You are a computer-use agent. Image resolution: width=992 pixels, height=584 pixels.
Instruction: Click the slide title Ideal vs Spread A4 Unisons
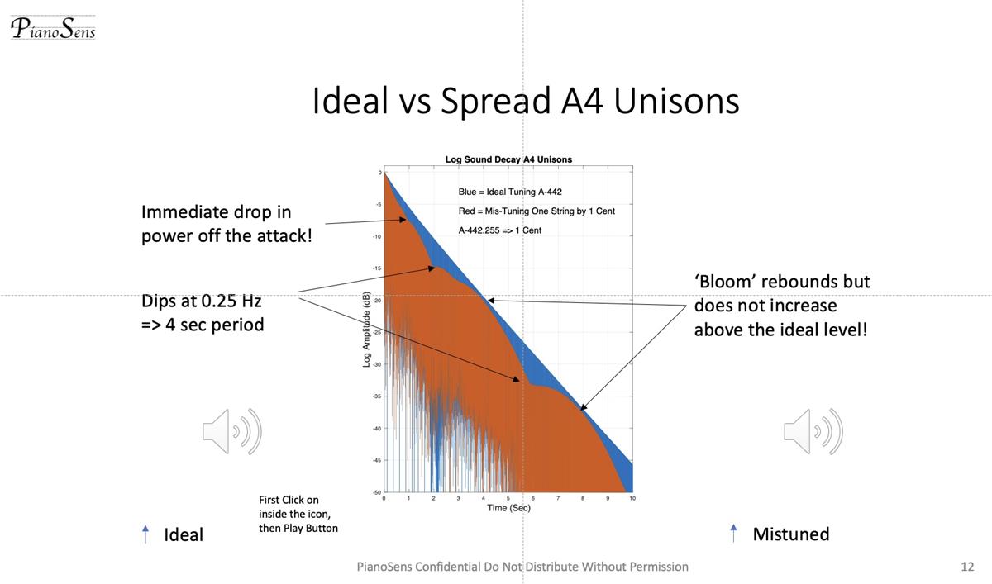[525, 101]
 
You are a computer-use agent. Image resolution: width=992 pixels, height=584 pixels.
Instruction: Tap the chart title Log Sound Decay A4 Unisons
[508, 159]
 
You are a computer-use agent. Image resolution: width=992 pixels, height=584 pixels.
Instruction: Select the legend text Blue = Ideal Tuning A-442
[510, 192]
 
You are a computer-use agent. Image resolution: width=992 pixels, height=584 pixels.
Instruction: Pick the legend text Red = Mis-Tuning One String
[537, 211]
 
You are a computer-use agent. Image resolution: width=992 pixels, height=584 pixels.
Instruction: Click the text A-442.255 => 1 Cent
[499, 230]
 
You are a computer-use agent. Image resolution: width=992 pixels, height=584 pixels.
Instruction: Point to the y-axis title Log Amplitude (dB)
[366, 330]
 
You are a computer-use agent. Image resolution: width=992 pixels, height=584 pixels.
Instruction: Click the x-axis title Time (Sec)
[508, 508]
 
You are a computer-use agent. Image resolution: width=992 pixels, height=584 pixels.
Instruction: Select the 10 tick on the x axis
[632, 499]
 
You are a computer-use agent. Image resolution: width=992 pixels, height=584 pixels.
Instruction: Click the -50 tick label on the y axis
[376, 492]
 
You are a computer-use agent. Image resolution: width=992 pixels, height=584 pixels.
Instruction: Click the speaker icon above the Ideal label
[231, 431]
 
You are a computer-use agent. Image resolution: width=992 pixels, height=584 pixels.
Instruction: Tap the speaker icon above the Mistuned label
[813, 431]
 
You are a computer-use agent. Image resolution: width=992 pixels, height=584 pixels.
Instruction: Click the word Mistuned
[790, 534]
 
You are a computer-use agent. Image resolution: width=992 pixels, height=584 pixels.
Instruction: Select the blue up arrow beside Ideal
[146, 534]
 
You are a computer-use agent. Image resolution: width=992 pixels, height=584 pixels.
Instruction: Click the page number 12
[967, 567]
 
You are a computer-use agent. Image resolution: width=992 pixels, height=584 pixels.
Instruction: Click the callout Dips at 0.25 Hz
[203, 313]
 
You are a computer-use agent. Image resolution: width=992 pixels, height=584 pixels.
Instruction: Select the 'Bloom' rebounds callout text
[781, 306]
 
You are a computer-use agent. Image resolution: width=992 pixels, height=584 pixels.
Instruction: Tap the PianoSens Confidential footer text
[522, 567]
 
